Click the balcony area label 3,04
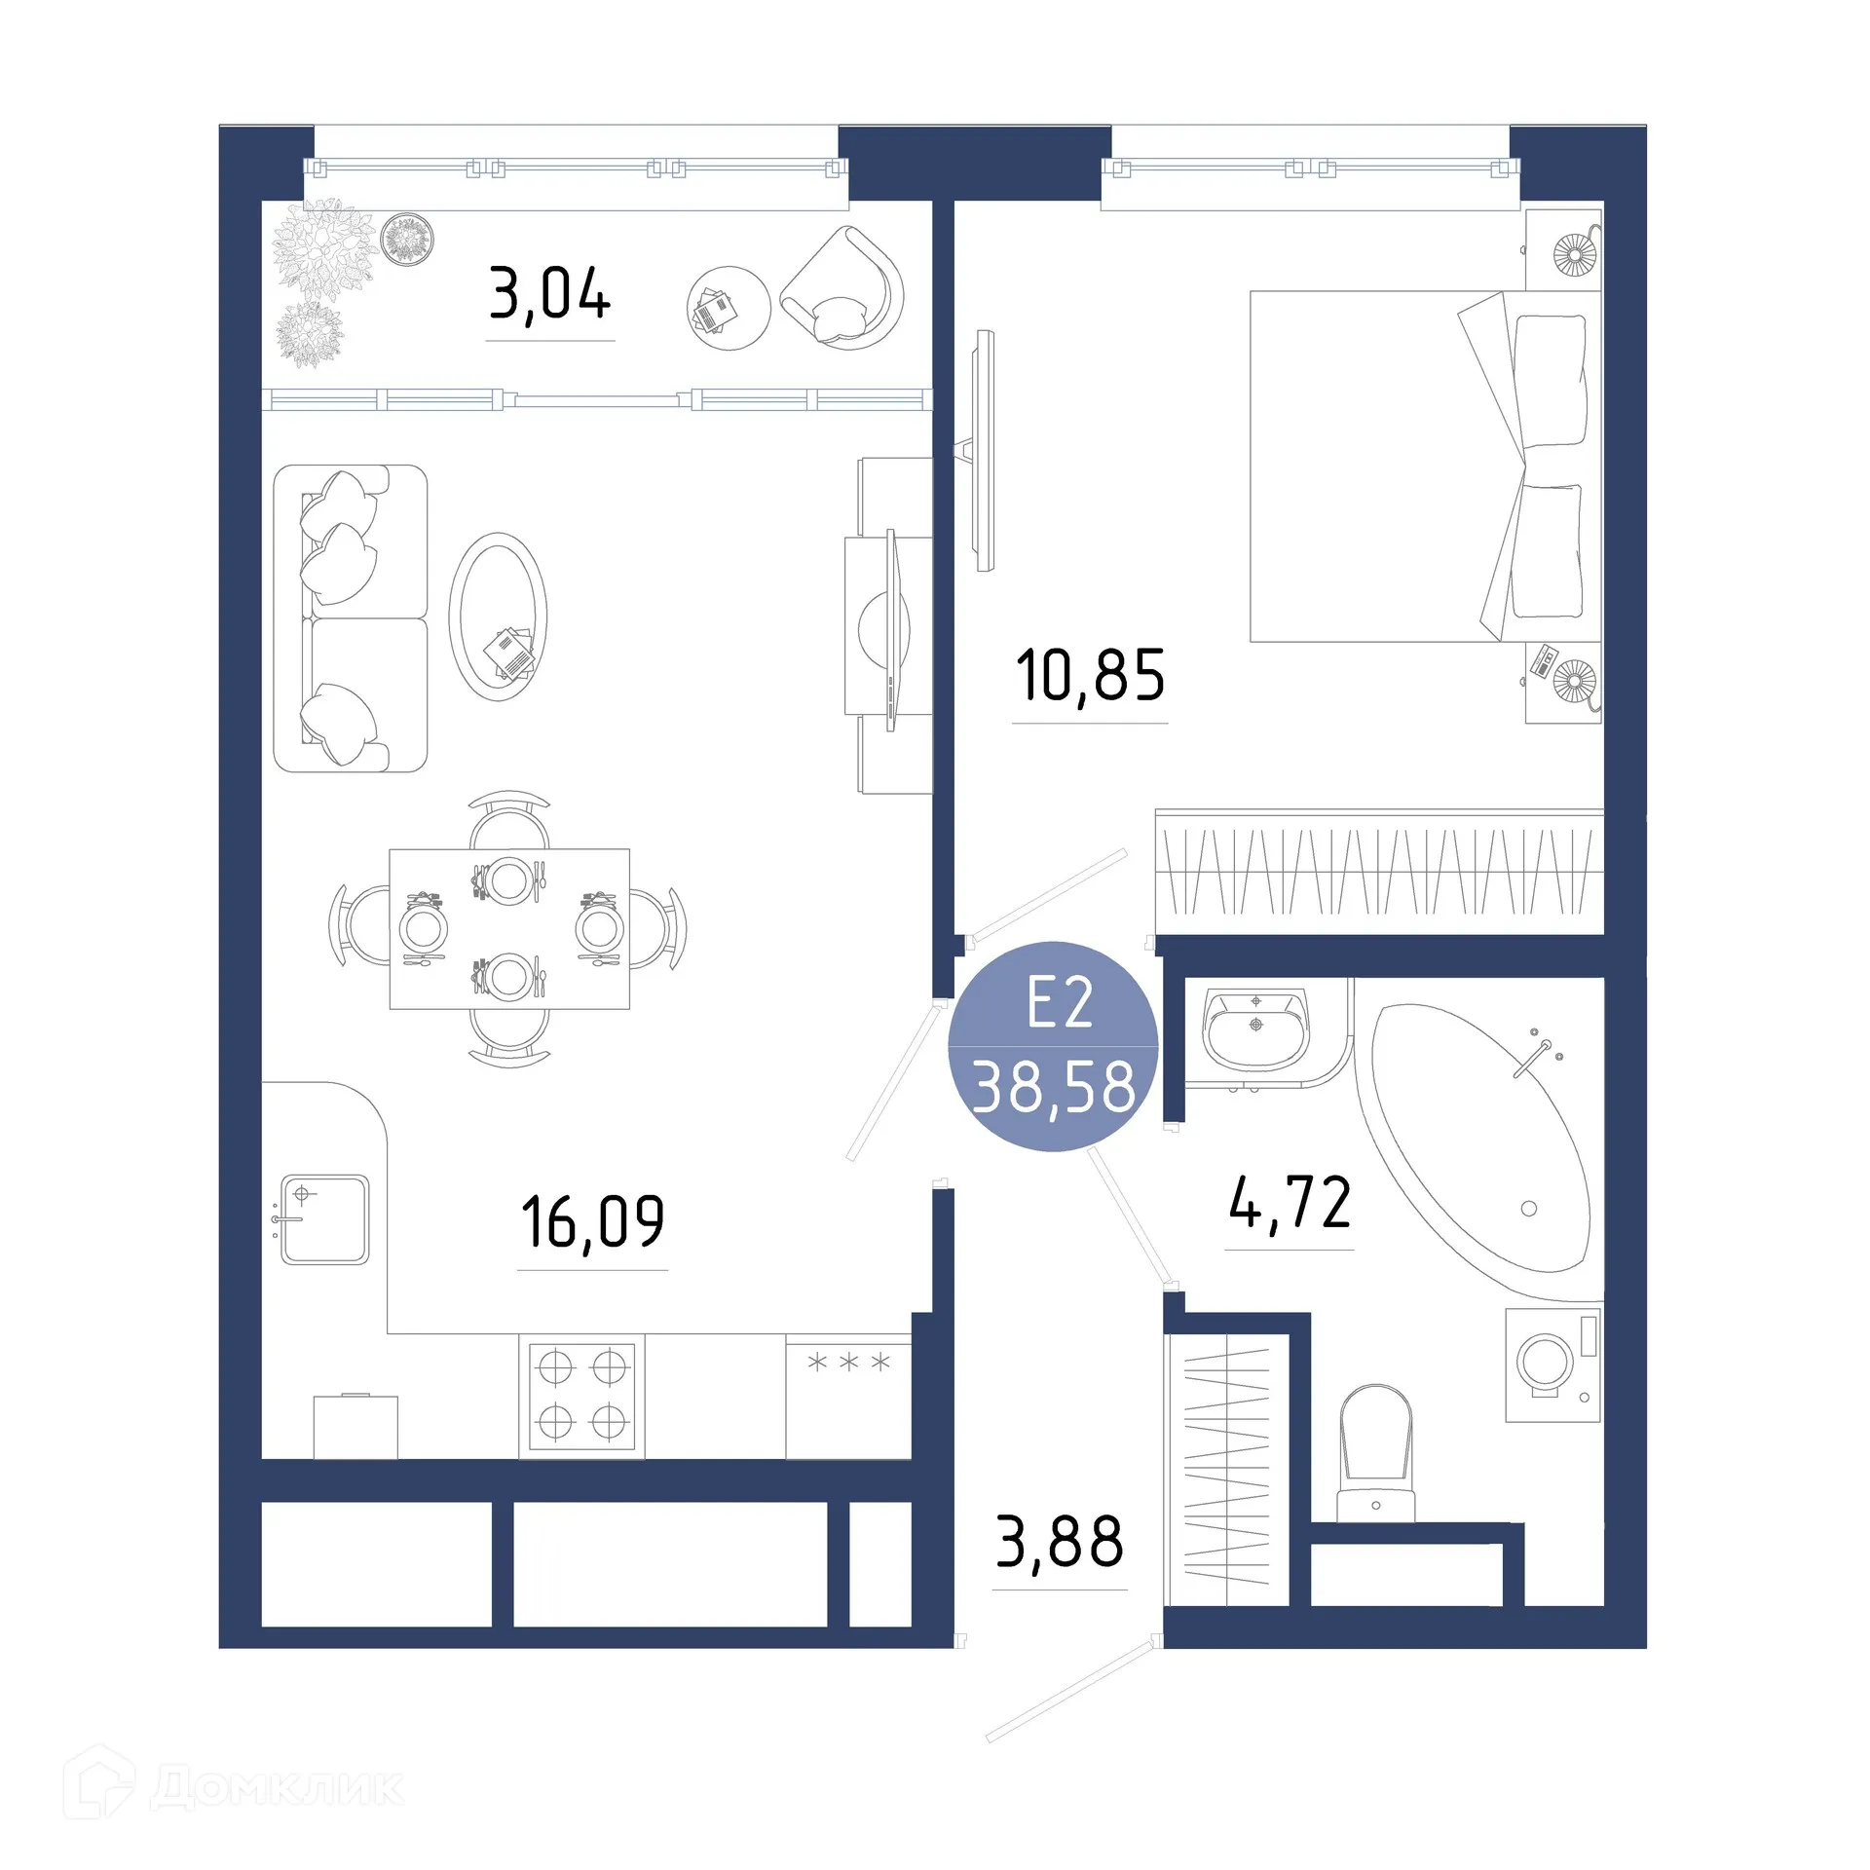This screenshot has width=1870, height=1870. click(x=549, y=294)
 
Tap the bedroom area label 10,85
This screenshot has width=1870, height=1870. click(x=1090, y=676)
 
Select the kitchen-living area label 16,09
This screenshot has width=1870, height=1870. click(x=592, y=1222)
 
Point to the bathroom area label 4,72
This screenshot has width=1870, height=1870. click(x=1290, y=1204)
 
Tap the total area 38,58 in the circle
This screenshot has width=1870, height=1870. click(x=1054, y=1088)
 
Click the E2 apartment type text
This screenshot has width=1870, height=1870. click(x=1059, y=1003)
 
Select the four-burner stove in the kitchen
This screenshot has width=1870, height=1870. click(x=581, y=1395)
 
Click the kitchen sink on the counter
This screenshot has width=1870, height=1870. click(x=324, y=1219)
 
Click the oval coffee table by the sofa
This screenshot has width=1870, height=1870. click(x=498, y=616)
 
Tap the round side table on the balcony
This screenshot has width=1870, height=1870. click(x=728, y=309)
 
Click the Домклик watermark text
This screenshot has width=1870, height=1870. click(x=277, y=1787)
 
